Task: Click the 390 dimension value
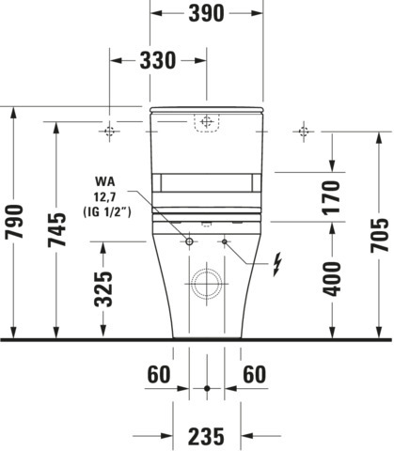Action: click(x=206, y=14)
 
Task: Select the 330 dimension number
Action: click(x=158, y=61)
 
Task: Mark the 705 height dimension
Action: click(x=378, y=240)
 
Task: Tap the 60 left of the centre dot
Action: click(x=159, y=374)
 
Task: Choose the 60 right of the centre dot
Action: click(x=253, y=374)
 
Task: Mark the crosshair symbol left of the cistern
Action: click(x=110, y=130)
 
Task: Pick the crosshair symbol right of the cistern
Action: click(x=303, y=130)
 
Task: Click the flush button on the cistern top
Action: click(x=206, y=122)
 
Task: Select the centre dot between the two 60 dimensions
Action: click(x=207, y=386)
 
